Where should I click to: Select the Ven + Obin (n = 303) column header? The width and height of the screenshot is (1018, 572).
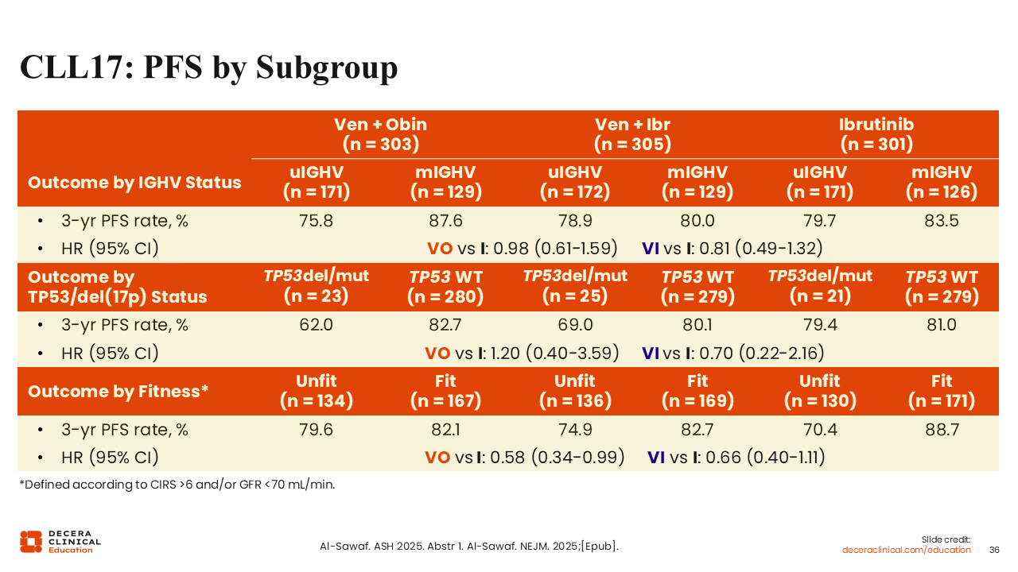[x=380, y=134]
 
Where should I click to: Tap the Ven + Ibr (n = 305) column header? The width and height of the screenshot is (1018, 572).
[x=632, y=134]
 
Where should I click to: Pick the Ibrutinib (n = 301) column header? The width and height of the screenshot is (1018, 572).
[x=876, y=134]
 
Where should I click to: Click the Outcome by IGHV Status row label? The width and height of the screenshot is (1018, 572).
[x=134, y=183]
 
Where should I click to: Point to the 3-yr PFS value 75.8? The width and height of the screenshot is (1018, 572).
[x=316, y=221]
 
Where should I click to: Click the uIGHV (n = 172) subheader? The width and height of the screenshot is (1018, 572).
[x=575, y=182]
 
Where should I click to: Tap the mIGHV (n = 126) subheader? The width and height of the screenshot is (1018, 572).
[x=942, y=182]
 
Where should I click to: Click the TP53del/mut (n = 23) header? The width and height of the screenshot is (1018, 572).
[x=316, y=287]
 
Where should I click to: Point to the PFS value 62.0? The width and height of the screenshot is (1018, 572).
[x=316, y=325]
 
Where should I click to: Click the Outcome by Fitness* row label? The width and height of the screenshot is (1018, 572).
[x=118, y=392]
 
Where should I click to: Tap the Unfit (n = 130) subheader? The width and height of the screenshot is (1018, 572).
[x=819, y=391]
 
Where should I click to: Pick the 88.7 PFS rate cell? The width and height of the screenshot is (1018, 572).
[x=942, y=430]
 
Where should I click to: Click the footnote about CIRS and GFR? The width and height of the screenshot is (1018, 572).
[x=177, y=485]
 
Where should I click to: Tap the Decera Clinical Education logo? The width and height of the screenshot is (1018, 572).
[x=60, y=541]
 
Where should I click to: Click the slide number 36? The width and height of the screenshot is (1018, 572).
[x=993, y=550]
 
